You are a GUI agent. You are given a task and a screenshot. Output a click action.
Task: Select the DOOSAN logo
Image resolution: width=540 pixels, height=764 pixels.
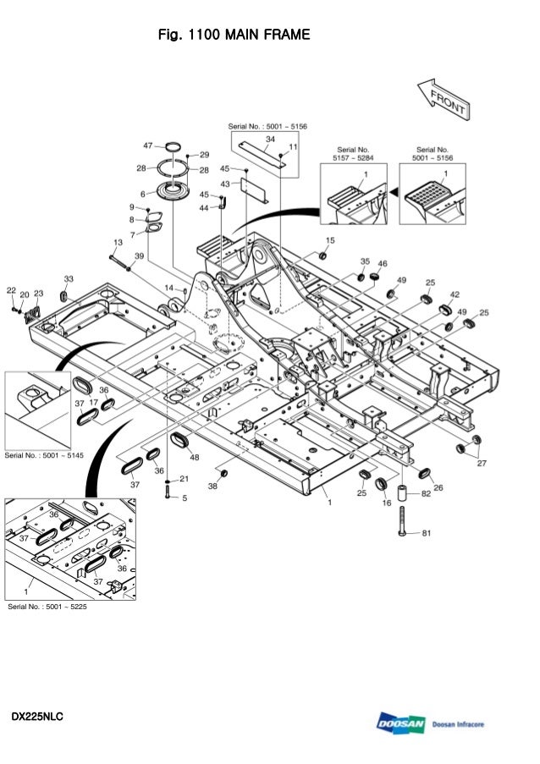click(x=401, y=724)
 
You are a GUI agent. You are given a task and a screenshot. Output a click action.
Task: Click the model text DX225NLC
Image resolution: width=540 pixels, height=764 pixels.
click(x=37, y=718)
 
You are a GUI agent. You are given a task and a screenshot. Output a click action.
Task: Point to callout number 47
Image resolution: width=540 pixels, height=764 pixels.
click(x=148, y=146)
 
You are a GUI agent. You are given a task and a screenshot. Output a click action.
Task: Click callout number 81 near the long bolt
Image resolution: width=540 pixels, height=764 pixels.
click(x=427, y=533)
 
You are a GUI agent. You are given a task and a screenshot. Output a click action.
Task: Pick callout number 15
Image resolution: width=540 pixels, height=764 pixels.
click(x=330, y=240)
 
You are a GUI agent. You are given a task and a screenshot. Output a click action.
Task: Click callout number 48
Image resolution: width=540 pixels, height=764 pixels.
click(x=195, y=458)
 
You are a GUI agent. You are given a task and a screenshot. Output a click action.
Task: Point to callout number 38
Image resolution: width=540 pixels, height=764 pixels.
click(x=212, y=486)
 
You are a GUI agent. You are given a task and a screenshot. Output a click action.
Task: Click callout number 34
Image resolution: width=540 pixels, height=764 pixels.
click(x=270, y=139)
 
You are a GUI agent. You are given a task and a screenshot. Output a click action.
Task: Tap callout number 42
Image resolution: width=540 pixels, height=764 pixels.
click(x=455, y=294)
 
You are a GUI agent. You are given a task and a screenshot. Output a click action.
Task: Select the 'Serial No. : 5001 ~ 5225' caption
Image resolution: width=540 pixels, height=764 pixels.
click(x=47, y=606)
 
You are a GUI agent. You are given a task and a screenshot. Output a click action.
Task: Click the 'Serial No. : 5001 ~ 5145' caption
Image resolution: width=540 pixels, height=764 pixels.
click(x=45, y=455)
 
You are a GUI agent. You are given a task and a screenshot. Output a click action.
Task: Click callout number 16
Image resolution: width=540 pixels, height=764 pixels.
click(x=387, y=503)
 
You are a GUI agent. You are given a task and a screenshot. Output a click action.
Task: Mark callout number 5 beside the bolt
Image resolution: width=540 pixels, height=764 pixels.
click(x=184, y=498)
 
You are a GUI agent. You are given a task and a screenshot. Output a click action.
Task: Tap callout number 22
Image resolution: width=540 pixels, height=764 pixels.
click(x=11, y=290)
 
